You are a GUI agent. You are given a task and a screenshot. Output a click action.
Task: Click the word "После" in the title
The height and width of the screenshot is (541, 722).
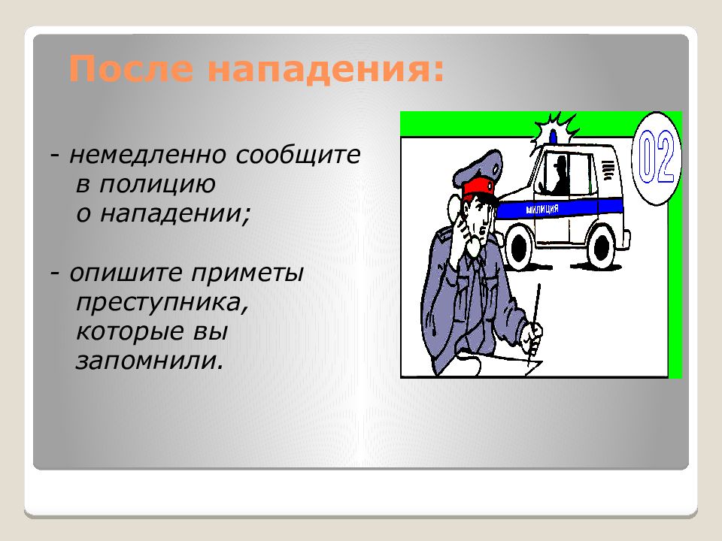click(x=131, y=68)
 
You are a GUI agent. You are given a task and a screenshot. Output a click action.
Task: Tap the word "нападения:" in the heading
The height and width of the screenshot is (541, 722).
click(x=326, y=68)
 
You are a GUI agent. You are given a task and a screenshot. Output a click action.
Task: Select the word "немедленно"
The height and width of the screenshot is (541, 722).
click(x=147, y=155)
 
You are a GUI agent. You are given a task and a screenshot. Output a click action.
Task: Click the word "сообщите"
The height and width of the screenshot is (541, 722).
click(x=298, y=155)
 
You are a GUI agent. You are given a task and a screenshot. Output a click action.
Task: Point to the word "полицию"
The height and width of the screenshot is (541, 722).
click(x=157, y=185)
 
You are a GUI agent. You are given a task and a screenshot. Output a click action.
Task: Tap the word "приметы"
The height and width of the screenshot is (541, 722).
click(x=247, y=274)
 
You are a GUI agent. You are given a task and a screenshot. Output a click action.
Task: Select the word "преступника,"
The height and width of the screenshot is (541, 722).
click(x=162, y=303)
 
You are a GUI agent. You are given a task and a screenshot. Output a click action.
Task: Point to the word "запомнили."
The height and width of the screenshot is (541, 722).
click(x=150, y=361)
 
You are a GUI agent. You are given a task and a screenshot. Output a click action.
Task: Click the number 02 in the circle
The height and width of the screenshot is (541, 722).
click(x=656, y=156)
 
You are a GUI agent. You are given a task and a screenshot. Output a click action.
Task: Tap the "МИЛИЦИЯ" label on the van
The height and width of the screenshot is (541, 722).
click(x=542, y=210)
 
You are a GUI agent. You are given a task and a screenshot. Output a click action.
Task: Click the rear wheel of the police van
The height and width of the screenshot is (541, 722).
click(x=602, y=248)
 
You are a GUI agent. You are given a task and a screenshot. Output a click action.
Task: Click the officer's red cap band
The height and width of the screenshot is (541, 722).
click(x=479, y=187)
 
